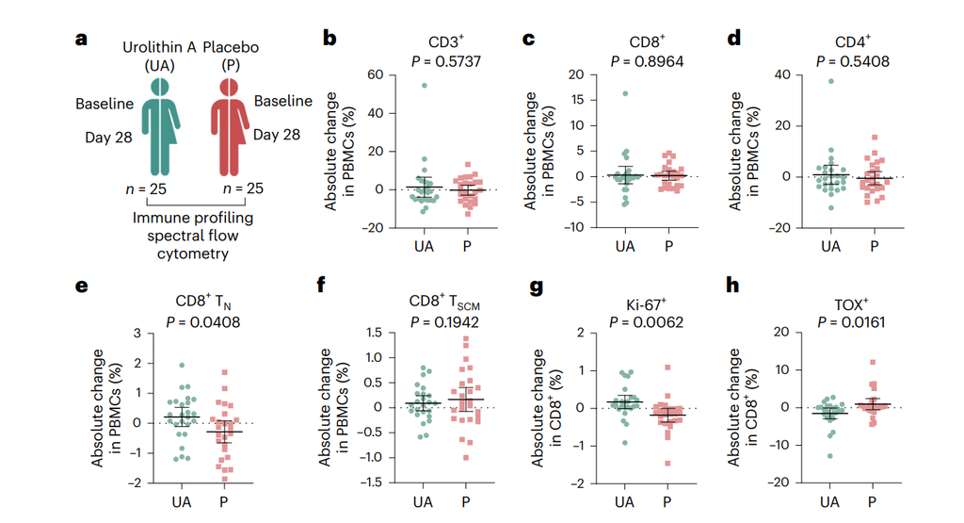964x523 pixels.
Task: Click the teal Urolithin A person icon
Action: coord(160,127)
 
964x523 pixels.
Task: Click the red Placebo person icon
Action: coord(230,127)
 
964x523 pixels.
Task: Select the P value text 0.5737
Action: coord(456,61)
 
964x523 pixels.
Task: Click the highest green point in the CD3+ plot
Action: coord(425,86)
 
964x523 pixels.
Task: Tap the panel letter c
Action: coord(528,40)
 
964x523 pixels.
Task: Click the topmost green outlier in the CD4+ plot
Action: coord(830,81)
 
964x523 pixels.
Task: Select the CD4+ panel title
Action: coord(853,41)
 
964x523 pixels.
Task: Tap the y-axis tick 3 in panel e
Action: coord(137,333)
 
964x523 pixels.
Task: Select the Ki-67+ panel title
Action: coord(646,304)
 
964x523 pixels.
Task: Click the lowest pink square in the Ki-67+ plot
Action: coord(667,463)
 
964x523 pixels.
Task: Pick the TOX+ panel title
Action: coord(851,304)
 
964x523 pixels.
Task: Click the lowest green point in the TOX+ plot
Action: coord(830,456)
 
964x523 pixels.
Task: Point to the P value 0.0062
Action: coord(658,321)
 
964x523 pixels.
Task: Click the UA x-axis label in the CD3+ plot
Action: coord(424,246)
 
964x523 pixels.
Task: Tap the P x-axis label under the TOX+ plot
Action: coord(872,502)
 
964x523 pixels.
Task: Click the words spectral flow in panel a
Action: coord(192,236)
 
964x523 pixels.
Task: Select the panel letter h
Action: coord(732,285)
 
